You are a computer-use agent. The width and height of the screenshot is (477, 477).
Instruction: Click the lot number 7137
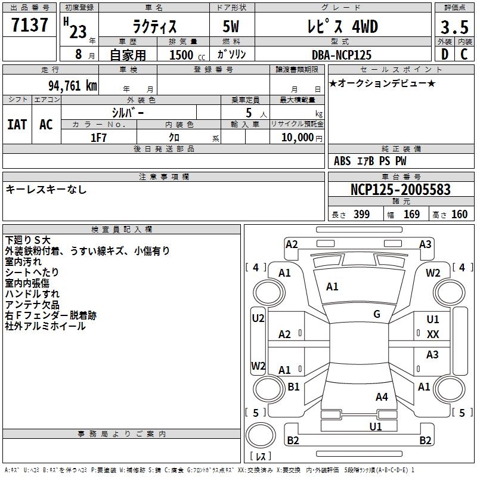click(x=30, y=26)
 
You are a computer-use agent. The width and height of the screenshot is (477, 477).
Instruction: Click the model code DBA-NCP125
click(x=342, y=55)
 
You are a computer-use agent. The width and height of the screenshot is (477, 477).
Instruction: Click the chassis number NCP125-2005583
click(x=401, y=190)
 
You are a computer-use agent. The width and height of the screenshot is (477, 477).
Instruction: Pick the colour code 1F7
click(x=98, y=137)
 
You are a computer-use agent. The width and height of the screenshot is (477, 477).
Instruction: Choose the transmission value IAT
click(x=17, y=124)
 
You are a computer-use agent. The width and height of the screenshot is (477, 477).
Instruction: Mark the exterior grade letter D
click(x=444, y=55)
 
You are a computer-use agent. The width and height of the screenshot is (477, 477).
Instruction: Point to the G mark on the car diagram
click(x=376, y=314)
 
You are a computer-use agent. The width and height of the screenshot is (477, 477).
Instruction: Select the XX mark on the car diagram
click(x=433, y=334)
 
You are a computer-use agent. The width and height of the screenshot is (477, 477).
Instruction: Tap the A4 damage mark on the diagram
click(x=382, y=397)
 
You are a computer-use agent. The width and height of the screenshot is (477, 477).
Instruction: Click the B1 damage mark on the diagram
click(x=293, y=387)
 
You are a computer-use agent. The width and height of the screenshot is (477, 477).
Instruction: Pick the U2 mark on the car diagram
click(x=258, y=318)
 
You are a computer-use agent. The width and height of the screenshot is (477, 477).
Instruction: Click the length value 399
click(x=361, y=215)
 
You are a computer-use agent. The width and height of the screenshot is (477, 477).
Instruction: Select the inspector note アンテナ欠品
click(x=32, y=305)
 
